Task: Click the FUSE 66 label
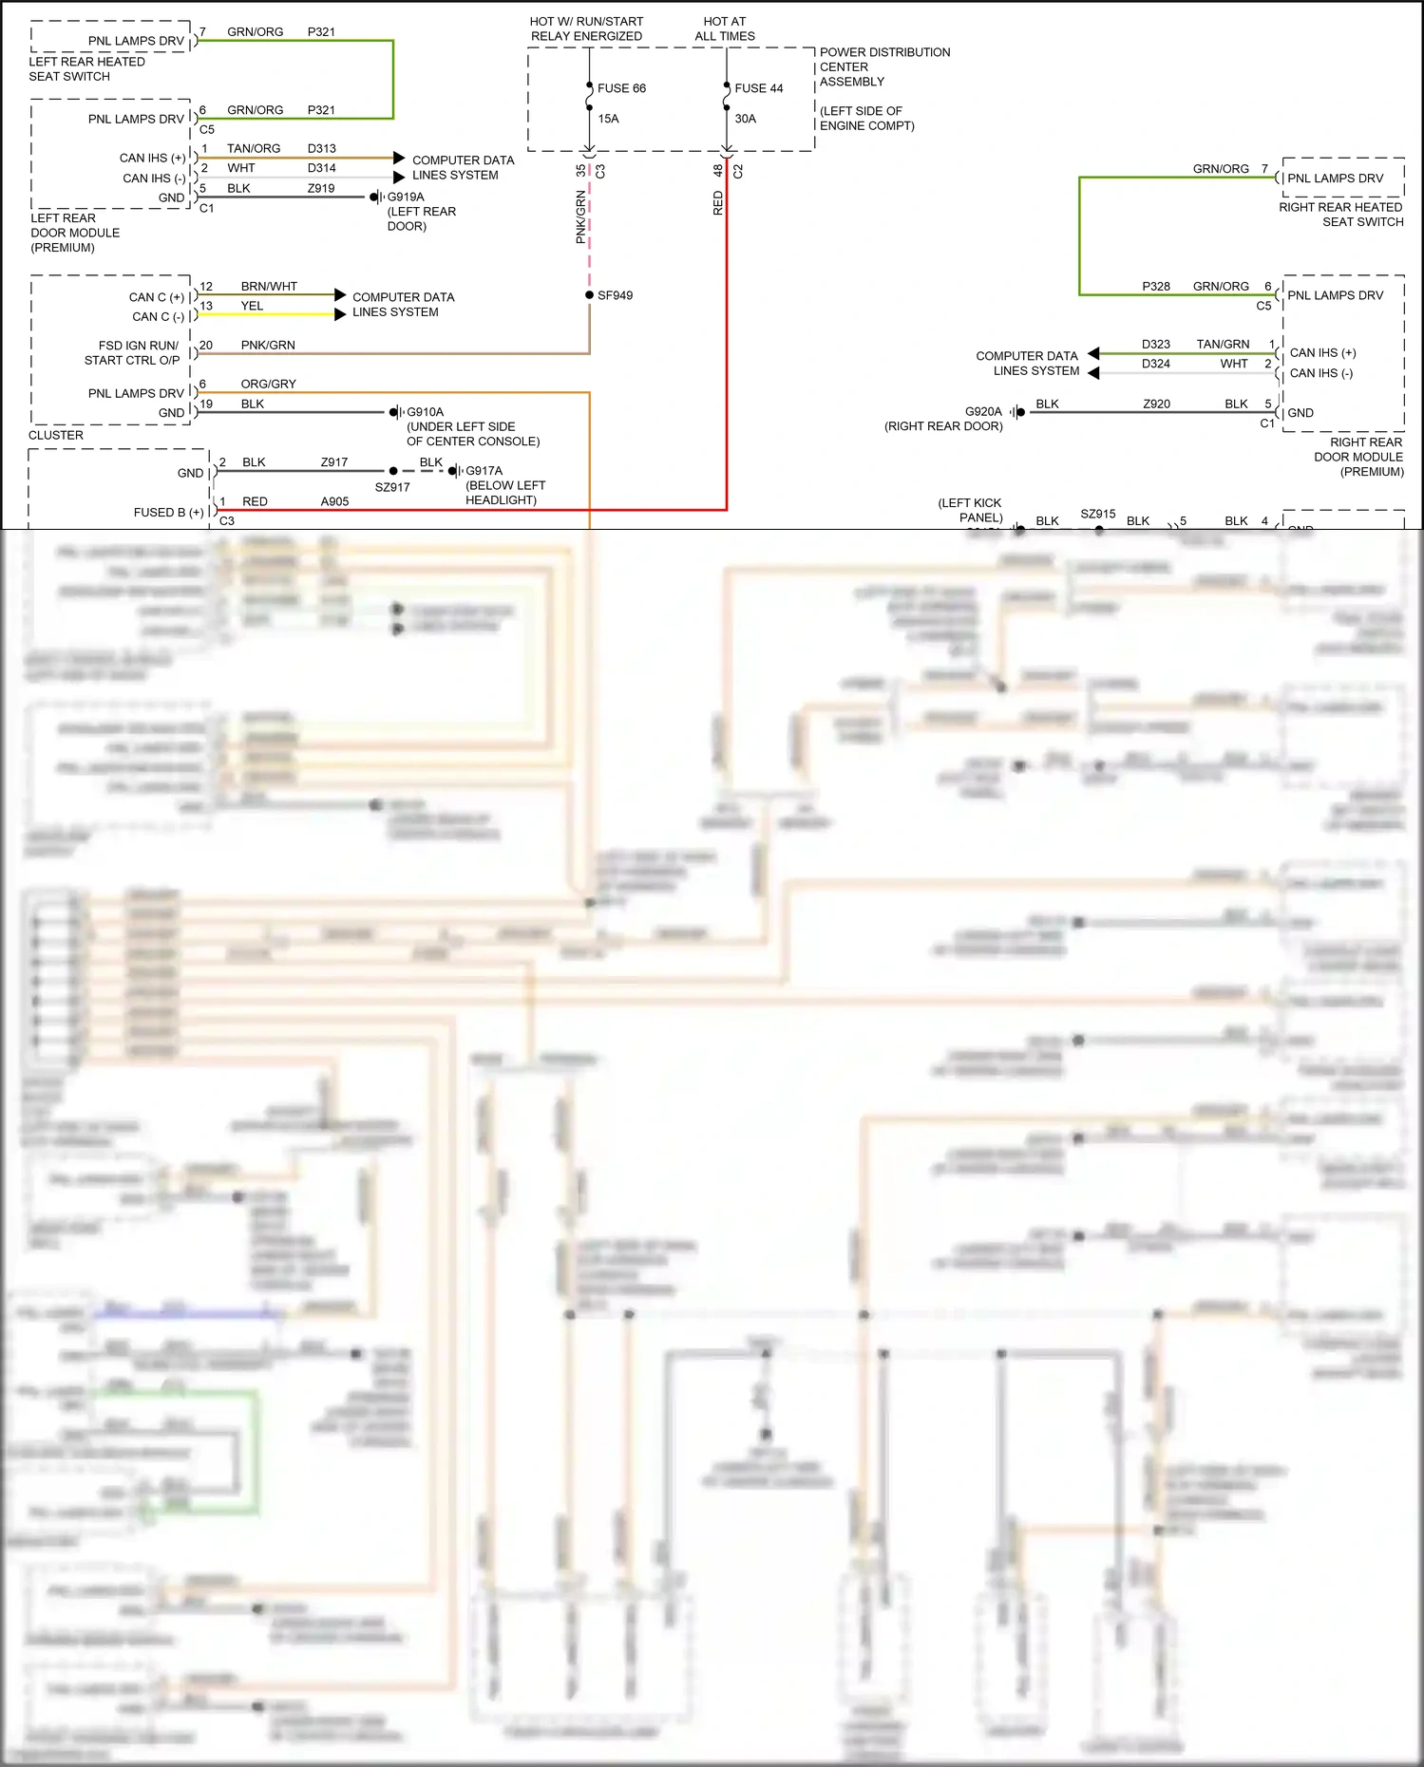[x=621, y=88]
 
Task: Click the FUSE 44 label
[x=758, y=88]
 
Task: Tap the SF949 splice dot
[x=590, y=295]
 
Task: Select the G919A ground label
[x=406, y=197]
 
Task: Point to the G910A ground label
[x=425, y=412]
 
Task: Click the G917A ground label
[x=484, y=471]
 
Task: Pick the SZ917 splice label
[x=392, y=487]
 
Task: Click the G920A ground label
[x=983, y=412]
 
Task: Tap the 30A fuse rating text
[x=745, y=119]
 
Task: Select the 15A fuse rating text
[x=608, y=119]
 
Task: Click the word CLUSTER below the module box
[x=56, y=435]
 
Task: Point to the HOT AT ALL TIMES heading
[x=725, y=28]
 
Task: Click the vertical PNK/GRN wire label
[x=580, y=217]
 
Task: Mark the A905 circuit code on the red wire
[x=334, y=501]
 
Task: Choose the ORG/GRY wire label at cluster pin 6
[x=268, y=384]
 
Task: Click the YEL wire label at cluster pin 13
[x=252, y=306]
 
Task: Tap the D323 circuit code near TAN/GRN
[x=1155, y=344]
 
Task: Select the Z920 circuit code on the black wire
[x=1156, y=404]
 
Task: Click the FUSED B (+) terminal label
[x=169, y=512]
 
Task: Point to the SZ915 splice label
[x=1097, y=514]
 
